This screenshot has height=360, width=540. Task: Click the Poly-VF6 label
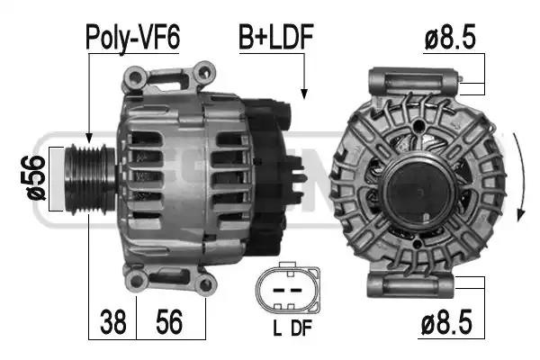click(x=132, y=38)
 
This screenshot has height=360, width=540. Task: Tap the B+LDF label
click(x=276, y=37)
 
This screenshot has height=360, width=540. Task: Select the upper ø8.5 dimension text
click(x=450, y=37)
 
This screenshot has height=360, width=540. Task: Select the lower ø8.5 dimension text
click(x=446, y=322)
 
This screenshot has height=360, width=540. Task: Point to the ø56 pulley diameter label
click(x=35, y=178)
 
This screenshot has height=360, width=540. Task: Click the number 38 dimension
click(x=113, y=322)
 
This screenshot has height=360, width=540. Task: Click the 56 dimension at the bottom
click(x=169, y=322)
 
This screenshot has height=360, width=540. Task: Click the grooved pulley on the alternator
click(x=90, y=179)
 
